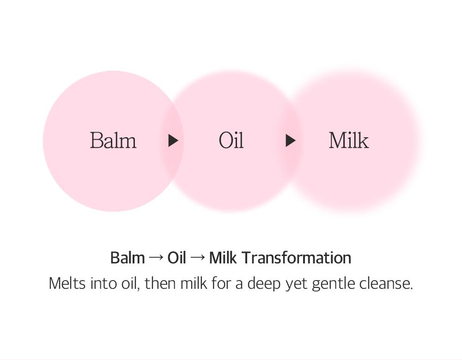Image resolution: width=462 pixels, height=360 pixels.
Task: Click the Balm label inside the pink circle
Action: coord(113,140)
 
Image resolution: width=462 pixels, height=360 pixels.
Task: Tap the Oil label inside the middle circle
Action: coord(231,140)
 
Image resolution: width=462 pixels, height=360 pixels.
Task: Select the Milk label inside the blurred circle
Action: coord(349,140)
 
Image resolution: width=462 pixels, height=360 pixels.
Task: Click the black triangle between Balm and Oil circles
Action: coord(173,140)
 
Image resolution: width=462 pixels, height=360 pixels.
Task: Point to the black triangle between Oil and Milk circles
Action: coord(290,140)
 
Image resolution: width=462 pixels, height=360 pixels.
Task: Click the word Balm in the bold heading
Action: coord(128,257)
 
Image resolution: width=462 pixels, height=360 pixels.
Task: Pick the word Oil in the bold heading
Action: coord(176,257)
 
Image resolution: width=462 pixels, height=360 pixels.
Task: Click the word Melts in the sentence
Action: coord(67,283)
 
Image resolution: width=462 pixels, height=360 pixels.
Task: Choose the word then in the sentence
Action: coord(160,283)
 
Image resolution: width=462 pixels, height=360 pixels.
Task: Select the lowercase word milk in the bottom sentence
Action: coord(194,283)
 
